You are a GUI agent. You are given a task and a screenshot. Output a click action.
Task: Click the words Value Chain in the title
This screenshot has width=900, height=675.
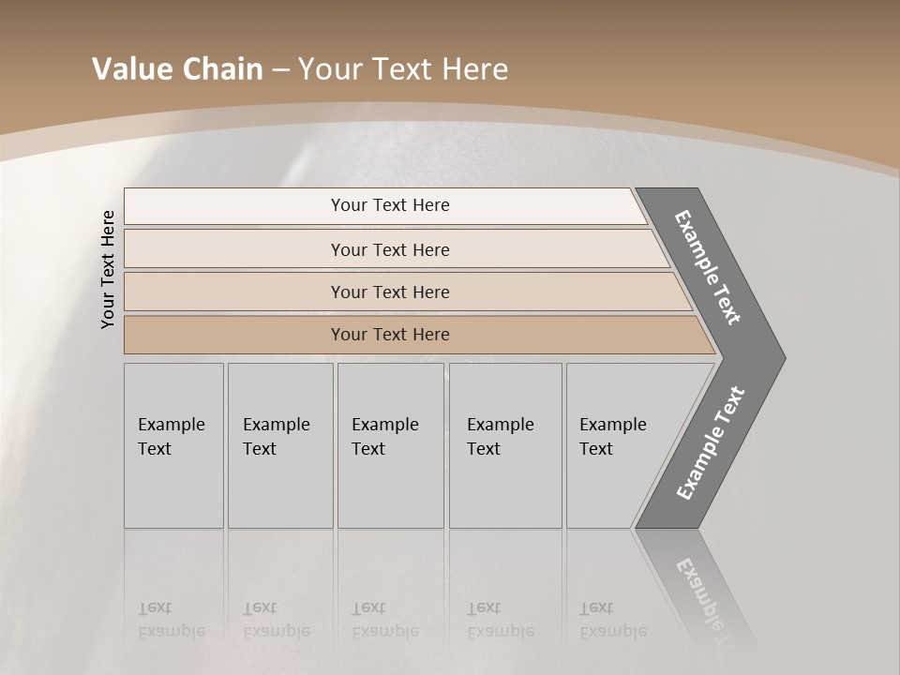[x=177, y=69]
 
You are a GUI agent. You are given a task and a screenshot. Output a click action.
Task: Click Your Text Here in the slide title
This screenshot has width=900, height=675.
[x=403, y=69]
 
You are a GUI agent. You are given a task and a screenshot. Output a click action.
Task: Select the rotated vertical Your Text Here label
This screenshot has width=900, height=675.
[x=108, y=269]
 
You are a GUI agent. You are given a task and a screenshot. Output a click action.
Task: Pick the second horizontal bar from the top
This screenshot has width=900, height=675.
[x=390, y=249]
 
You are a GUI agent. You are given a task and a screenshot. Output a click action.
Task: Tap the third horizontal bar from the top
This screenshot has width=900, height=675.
[x=390, y=292]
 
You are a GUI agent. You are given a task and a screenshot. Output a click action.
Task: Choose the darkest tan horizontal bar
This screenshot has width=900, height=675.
[x=390, y=335]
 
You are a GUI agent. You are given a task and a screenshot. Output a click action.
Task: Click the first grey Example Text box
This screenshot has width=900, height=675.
[x=173, y=445]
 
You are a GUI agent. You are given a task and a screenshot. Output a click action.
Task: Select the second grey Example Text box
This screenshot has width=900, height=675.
[x=279, y=445]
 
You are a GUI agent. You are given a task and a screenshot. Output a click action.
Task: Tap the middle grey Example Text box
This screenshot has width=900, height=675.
[x=390, y=445]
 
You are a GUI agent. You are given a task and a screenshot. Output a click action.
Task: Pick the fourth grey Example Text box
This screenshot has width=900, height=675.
[x=504, y=445]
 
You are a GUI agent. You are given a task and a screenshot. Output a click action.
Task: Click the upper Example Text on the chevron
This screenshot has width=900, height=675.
[x=709, y=267]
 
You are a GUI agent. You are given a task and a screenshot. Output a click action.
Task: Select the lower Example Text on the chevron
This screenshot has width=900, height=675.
[x=710, y=442]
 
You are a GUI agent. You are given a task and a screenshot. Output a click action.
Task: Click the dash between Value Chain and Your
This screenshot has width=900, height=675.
[x=280, y=70]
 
